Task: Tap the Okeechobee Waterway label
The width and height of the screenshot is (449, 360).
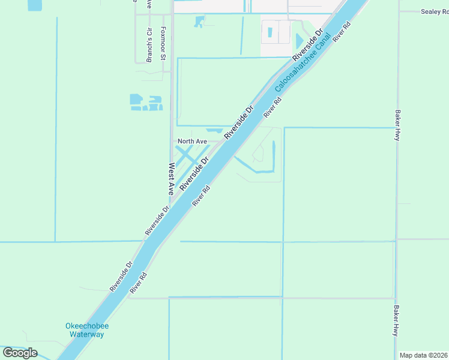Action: pos(87,330)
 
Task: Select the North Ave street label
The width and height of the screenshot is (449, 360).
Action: pos(192,142)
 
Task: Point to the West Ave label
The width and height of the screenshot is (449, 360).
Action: pos(171,178)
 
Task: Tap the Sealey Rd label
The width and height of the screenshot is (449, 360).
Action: pos(435,11)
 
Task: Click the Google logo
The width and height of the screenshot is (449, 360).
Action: pos(20,352)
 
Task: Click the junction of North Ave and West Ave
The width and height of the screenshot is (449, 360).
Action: pos(173,142)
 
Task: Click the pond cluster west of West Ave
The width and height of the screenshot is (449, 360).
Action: pos(146,103)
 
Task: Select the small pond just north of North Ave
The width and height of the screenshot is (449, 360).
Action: pos(214,130)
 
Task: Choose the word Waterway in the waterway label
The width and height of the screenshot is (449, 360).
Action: pos(87,334)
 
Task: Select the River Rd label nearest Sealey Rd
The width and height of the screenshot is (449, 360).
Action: pos(342,32)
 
